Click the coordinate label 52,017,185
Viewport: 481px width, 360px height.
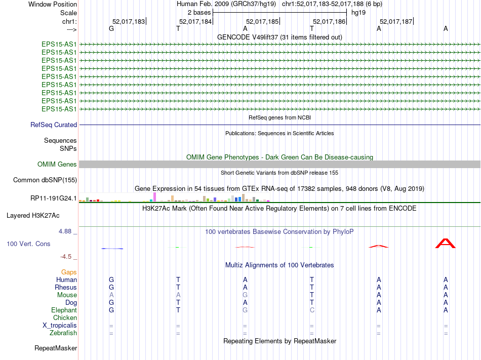262,22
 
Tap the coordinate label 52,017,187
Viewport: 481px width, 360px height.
396,22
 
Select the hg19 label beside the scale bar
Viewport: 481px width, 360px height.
358,12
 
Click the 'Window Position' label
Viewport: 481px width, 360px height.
53,4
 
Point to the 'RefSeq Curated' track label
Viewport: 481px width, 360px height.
54,125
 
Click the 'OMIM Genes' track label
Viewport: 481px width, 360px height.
57,164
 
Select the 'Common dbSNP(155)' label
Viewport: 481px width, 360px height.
45,180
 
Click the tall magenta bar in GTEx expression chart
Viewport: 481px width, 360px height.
154,196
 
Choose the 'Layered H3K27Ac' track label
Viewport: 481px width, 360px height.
33,215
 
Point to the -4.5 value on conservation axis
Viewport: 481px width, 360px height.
66,257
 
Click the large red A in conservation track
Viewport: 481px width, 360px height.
446,243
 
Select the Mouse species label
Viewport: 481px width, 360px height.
67,295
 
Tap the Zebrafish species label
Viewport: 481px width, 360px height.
63,333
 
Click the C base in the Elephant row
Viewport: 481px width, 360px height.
312,310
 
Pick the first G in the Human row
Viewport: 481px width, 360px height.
111,279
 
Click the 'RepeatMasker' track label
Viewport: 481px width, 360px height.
56,348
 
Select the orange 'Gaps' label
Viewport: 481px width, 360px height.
69,272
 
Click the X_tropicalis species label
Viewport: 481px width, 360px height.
60,325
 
